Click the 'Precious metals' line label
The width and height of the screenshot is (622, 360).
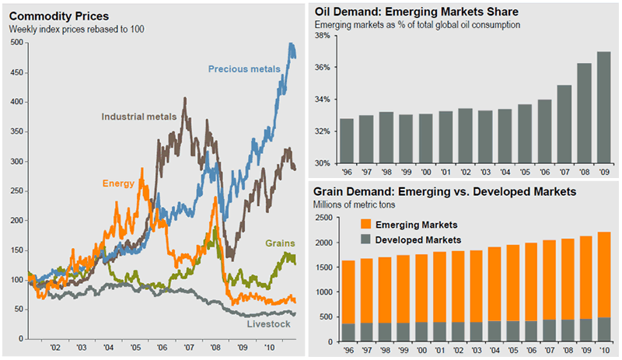(x=244, y=69)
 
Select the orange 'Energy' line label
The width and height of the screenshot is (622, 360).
(x=119, y=184)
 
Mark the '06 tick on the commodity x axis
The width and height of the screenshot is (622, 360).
(x=160, y=348)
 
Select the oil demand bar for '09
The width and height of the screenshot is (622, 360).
(x=603, y=108)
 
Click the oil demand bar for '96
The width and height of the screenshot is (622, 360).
(x=347, y=141)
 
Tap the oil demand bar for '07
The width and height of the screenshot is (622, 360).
(x=563, y=124)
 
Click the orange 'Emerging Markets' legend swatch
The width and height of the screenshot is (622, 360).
(x=365, y=224)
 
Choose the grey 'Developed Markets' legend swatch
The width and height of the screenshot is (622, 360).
(x=365, y=239)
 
